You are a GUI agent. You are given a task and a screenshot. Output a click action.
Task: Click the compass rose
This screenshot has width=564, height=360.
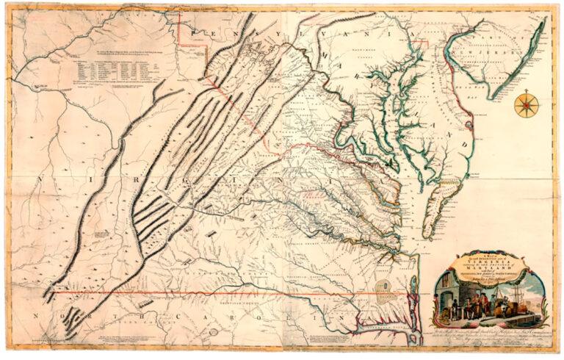pyautogui.click(x=524, y=105)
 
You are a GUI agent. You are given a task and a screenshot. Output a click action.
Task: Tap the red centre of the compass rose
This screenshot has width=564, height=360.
pyautogui.click(x=524, y=105)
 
